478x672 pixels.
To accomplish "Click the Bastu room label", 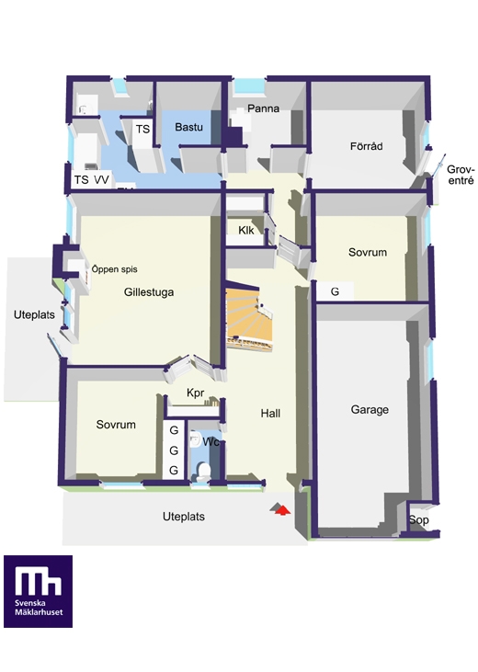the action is click(188, 127).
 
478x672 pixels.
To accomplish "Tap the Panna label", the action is click(263, 108).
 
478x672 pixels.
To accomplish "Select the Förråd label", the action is click(366, 146).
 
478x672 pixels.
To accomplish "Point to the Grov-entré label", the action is click(461, 175).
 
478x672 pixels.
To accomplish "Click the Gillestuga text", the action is click(149, 292).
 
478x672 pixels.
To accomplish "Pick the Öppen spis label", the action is click(115, 269).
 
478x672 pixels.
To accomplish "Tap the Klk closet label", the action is click(246, 230).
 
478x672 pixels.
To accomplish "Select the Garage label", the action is click(370, 410).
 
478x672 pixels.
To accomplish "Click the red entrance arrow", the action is click(282, 510).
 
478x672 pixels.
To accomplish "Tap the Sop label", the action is click(418, 520).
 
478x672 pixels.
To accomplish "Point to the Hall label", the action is click(270, 414).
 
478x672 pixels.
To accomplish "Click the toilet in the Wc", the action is click(204, 472).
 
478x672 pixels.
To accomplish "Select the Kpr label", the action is click(196, 393).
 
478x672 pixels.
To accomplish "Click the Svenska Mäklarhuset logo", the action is click(39, 591).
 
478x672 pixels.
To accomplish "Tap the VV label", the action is click(102, 179).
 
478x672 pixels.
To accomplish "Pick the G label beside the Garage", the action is click(335, 291).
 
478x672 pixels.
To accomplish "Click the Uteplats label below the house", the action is click(184, 517).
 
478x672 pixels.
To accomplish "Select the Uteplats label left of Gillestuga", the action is click(34, 315).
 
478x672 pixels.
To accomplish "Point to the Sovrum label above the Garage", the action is click(368, 253).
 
